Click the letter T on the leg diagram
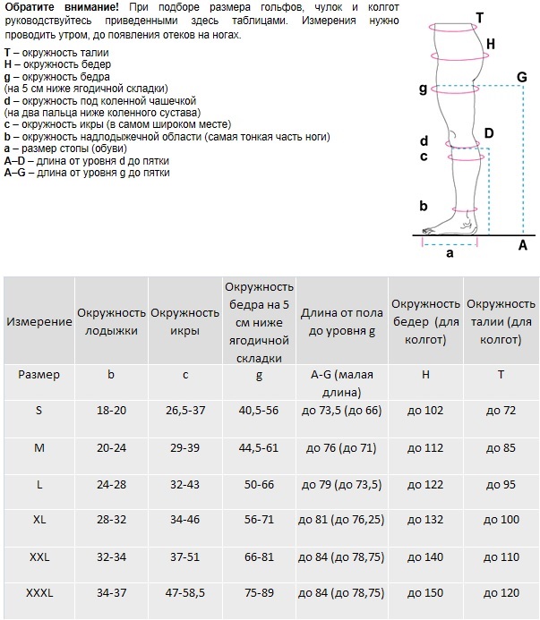[x=479, y=17]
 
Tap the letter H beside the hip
[x=490, y=43]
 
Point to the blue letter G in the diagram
[x=521, y=78]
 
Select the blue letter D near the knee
[x=488, y=133]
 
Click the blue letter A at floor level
[x=523, y=243]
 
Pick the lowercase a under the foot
[x=450, y=253]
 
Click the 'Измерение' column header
[x=39, y=320]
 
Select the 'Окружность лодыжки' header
[x=111, y=320]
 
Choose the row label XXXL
[x=39, y=593]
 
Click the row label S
[x=39, y=409]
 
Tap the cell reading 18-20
[x=111, y=409]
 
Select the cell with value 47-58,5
[x=184, y=593]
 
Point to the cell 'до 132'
[x=425, y=519]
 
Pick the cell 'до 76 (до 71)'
[x=341, y=446]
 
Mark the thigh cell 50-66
[x=259, y=482]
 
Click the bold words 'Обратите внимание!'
[x=57, y=7]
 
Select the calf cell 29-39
[x=184, y=446]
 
